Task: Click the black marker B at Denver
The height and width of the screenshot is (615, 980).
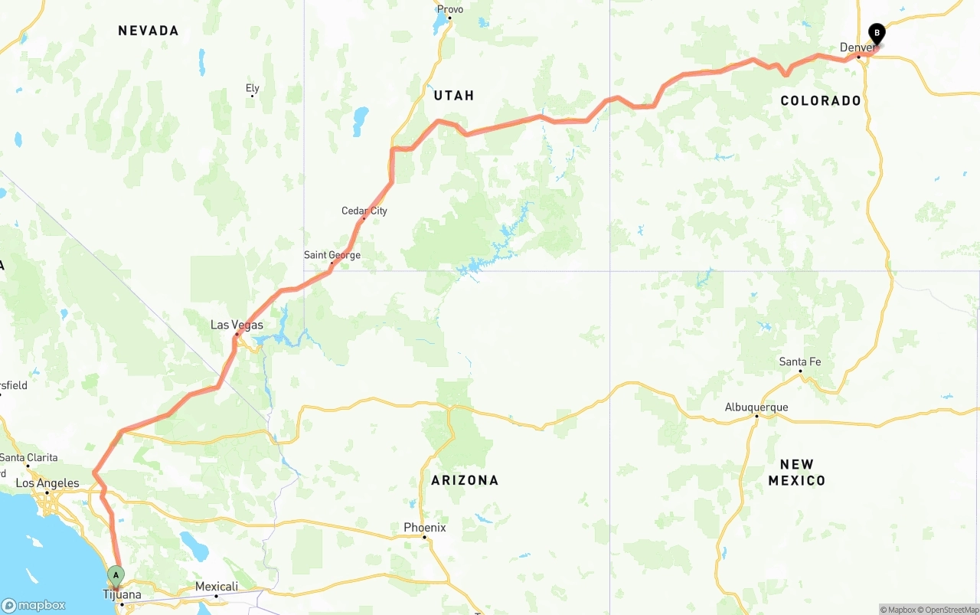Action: (876, 34)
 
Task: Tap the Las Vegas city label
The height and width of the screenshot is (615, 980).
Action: (237, 325)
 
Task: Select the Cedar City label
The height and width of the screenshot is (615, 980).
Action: (364, 211)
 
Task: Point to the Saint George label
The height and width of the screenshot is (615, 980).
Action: (332, 255)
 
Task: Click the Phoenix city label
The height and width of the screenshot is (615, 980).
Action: (424, 528)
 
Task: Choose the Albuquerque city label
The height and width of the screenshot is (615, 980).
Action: (756, 407)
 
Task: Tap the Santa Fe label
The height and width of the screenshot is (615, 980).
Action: (800, 361)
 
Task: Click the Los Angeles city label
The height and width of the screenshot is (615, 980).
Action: (47, 483)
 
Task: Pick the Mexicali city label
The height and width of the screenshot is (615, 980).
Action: (216, 587)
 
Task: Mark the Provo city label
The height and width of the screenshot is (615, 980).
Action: (449, 9)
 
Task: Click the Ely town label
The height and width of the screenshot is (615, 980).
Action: (253, 89)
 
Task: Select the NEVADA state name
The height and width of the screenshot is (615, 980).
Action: (149, 31)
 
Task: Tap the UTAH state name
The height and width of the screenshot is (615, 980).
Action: (454, 96)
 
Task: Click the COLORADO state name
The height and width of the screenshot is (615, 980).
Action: (820, 101)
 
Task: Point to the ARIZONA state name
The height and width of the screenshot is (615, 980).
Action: (465, 480)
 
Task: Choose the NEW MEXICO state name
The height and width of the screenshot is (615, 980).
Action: (796, 473)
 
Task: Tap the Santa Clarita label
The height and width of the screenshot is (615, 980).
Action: (28, 457)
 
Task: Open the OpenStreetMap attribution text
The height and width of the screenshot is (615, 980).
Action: (951, 610)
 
